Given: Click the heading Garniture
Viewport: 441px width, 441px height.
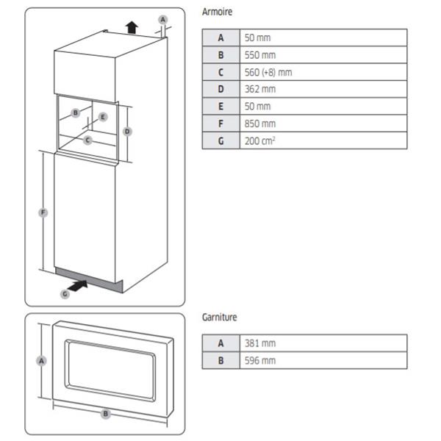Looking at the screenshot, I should [219, 318].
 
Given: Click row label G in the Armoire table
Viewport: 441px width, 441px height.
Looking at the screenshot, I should [220, 140].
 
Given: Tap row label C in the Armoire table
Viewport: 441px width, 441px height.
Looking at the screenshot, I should [220, 71].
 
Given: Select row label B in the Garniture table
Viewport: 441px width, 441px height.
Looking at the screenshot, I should [220, 360].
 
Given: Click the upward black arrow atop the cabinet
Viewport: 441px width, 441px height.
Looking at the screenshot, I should [131, 27].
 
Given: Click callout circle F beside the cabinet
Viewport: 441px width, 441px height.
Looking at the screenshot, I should [43, 212].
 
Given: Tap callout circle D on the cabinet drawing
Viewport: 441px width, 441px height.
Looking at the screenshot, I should [127, 132].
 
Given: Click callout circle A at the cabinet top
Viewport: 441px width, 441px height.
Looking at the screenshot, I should [163, 18].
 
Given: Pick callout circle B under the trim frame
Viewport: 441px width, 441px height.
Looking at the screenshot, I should [106, 414].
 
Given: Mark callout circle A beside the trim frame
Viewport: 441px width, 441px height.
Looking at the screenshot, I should [42, 361].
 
